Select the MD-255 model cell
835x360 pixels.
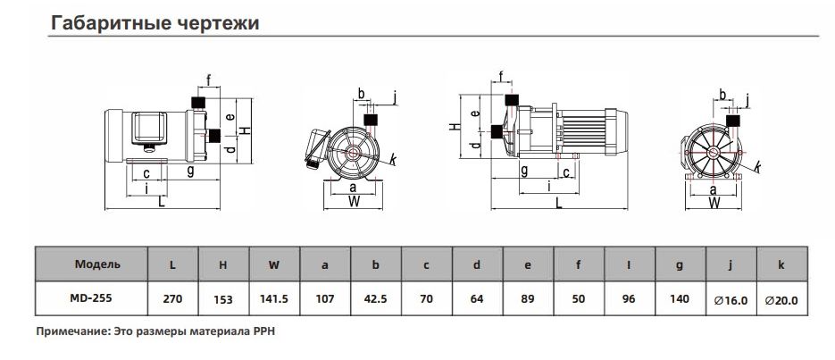(91, 298)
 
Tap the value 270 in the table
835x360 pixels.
(172, 298)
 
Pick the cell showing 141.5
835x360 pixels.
(273, 298)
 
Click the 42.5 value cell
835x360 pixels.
(375, 298)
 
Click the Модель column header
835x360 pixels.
(97, 264)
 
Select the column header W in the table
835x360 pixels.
(273, 264)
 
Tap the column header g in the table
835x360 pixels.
(679, 265)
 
